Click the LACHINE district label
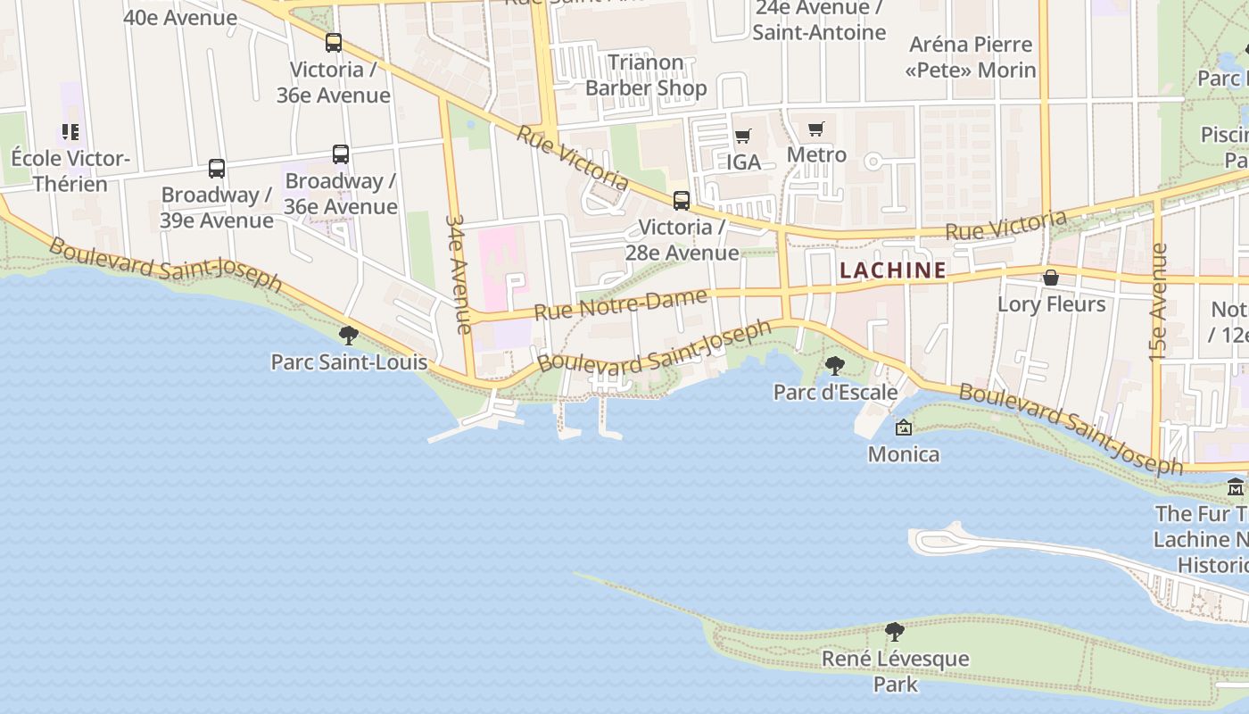(893, 270)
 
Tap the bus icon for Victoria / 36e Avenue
(334, 42)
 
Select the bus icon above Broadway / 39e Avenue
(217, 168)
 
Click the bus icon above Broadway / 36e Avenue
(340, 154)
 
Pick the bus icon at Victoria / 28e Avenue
(682, 200)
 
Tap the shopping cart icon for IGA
(742, 137)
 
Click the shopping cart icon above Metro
(815, 129)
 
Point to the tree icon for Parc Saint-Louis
(349, 336)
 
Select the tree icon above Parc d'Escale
(835, 365)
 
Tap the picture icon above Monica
(904, 428)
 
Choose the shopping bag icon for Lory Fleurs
(1051, 278)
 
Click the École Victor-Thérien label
(70, 171)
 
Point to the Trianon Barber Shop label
(646, 75)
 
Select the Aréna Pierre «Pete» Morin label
(971, 57)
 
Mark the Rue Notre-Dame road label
(621, 305)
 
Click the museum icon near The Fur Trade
(1236, 487)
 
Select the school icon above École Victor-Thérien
(70, 133)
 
